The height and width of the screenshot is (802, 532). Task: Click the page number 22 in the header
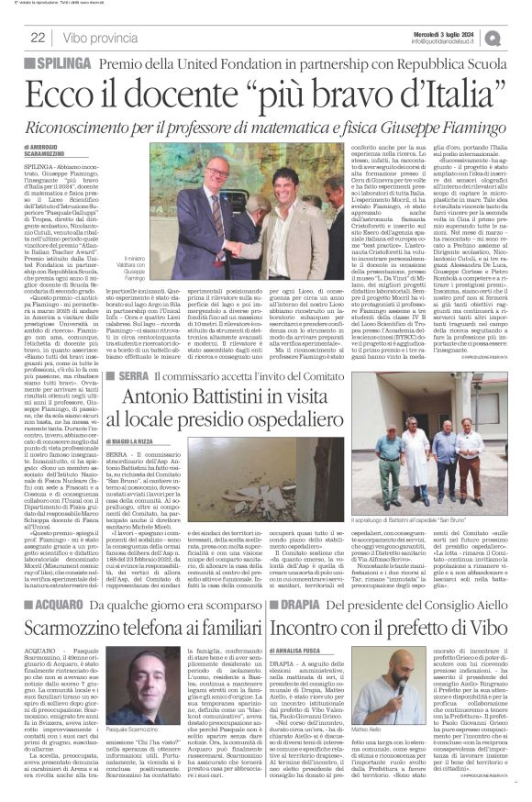point(38,37)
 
